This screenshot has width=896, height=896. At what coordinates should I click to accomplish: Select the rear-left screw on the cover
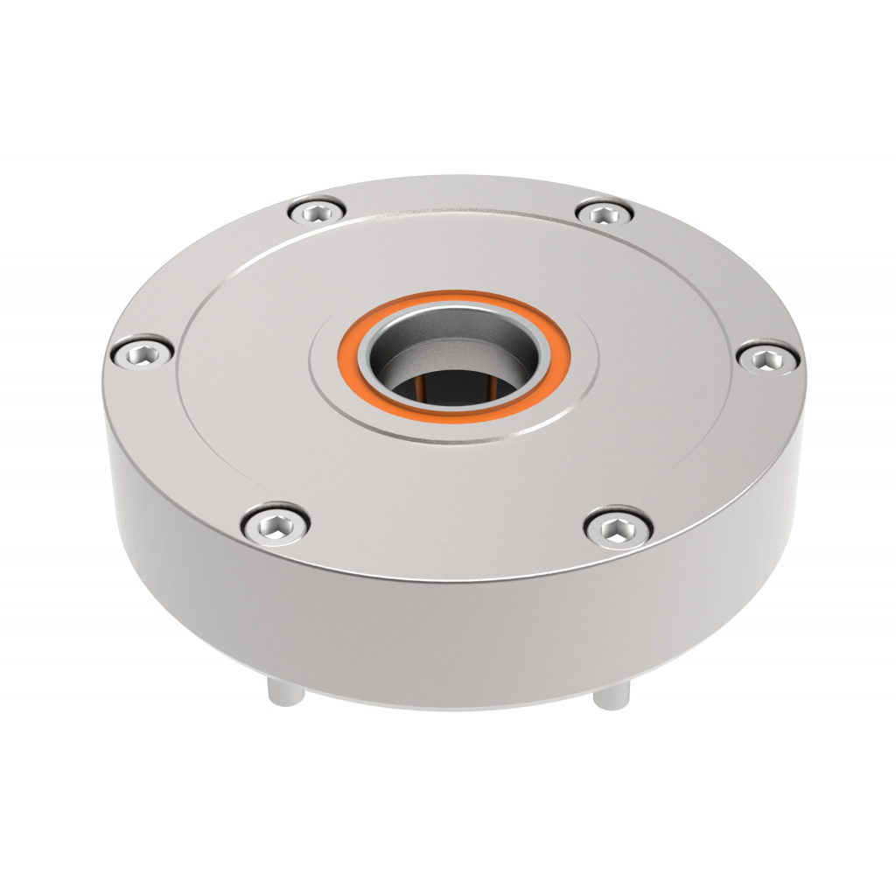click(x=317, y=211)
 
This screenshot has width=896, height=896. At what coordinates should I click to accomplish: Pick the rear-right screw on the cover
click(x=605, y=213)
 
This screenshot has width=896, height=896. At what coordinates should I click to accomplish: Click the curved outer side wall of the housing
click(x=437, y=630)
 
